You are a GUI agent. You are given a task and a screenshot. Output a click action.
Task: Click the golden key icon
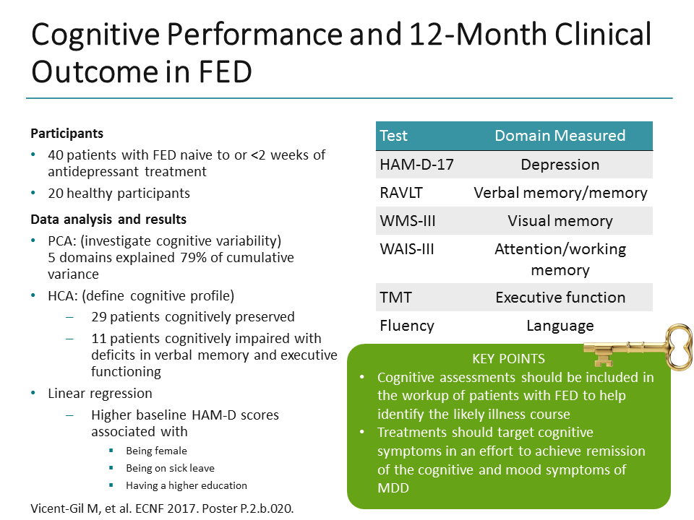pos(636,347)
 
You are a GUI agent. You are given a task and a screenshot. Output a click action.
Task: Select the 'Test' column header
pos(394,136)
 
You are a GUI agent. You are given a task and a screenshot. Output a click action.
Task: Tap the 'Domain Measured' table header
pos(560,136)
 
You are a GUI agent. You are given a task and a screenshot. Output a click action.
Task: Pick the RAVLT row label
pos(401,193)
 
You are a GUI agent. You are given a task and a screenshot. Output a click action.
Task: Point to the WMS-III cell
pos(408,221)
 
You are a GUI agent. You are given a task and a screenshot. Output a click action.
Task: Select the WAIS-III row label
pos(408,249)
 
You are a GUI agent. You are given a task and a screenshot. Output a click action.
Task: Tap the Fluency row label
pos(407,326)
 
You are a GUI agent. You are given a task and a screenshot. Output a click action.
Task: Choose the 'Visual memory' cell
pos(560,221)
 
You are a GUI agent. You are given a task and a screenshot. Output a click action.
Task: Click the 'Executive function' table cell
pos(560,297)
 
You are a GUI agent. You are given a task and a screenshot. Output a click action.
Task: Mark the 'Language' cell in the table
pos(560,326)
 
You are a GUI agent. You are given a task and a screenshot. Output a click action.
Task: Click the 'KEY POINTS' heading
pos(508,359)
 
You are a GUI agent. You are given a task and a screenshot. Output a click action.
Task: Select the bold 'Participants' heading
pos(67,134)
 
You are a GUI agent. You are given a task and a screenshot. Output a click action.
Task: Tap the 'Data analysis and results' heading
pos(108,220)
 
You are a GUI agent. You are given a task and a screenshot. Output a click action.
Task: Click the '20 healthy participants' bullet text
pos(119,193)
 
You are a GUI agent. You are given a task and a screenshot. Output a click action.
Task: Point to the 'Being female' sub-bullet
pos(156,451)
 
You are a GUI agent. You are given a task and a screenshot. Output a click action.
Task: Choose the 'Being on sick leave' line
pos(170,468)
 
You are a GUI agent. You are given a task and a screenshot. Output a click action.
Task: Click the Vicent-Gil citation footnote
pos(162,508)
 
